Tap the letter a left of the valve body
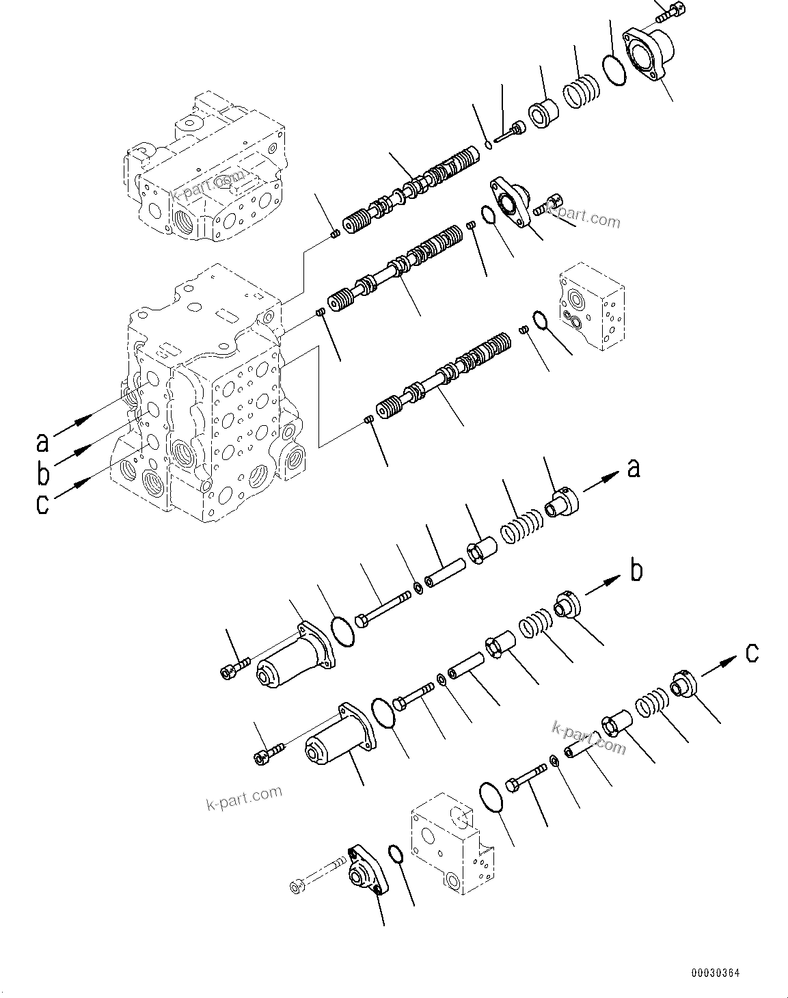coord(43,442)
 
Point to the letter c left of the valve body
coord(43,504)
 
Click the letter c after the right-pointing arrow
coord(751,653)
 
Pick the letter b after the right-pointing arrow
coord(636,570)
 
